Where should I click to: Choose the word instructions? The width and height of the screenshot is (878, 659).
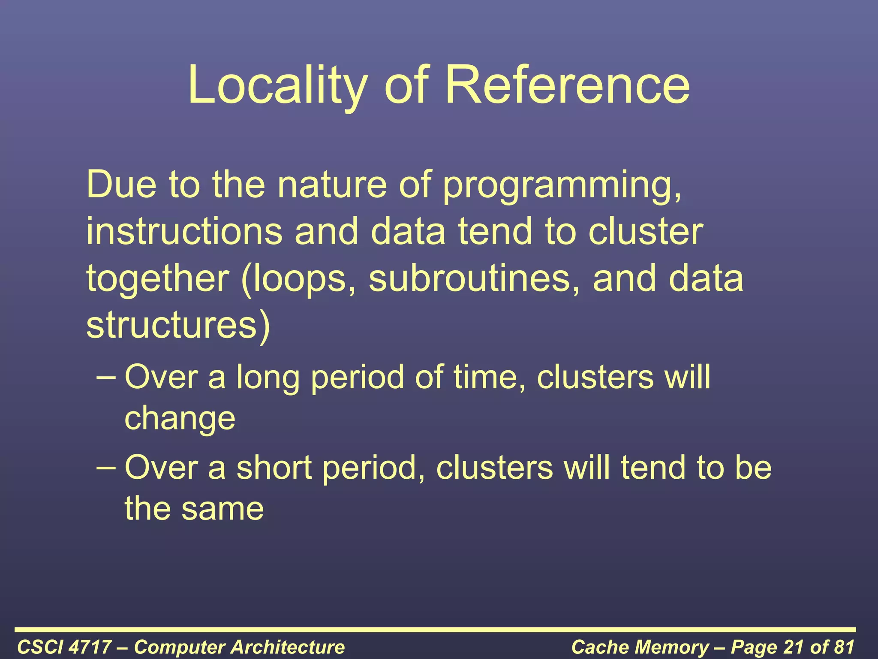(x=184, y=231)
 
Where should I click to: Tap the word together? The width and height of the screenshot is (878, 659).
(x=157, y=279)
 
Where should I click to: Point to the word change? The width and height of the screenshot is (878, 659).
(x=180, y=419)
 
